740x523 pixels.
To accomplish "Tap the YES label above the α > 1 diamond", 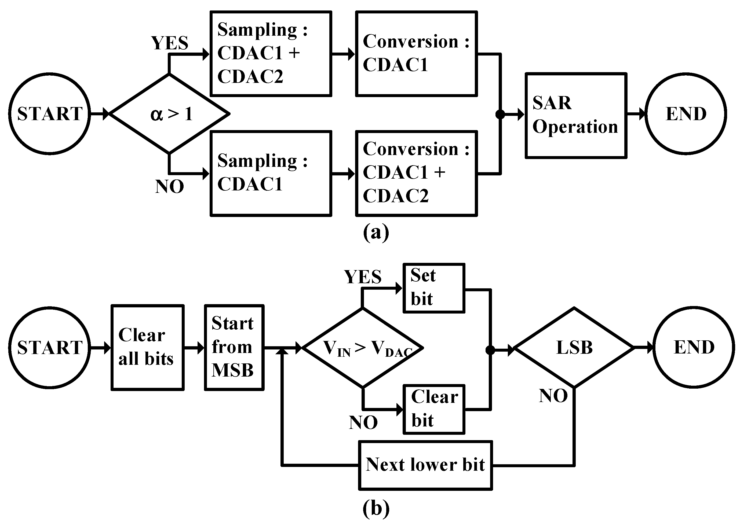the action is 170,43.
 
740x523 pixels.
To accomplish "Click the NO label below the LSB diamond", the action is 553,396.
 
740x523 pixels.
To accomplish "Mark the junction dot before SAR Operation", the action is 500,114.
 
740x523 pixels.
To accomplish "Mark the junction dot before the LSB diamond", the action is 490,350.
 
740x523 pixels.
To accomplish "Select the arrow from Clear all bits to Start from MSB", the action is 194,348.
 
